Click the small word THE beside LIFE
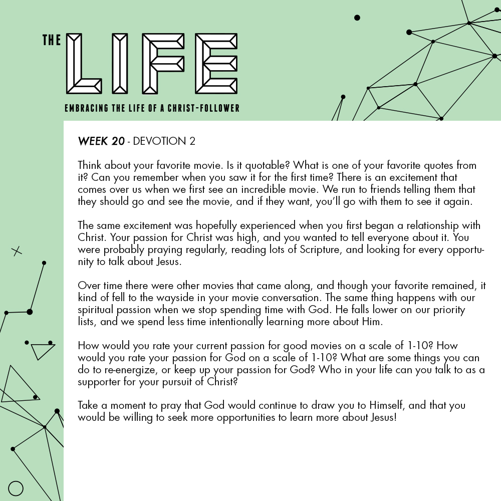(52, 41)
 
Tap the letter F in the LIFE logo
(163, 63)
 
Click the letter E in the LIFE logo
(216, 63)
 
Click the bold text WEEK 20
(101, 141)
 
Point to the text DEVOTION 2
(164, 141)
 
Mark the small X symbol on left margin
(17, 251)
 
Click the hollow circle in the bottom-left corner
(16, 488)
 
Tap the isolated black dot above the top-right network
(357, 18)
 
